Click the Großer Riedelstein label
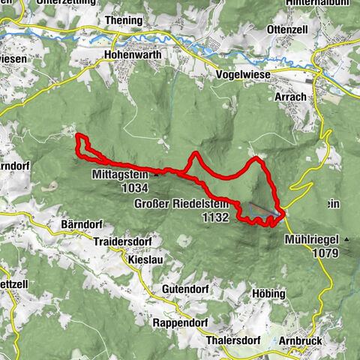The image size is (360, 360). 184,204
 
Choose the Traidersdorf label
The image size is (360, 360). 124,242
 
